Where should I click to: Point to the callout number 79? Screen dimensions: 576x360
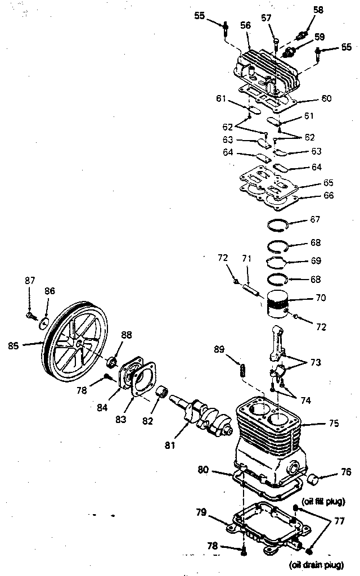point(201,511)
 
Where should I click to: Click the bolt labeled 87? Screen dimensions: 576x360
point(29,317)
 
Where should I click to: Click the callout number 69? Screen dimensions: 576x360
point(316,260)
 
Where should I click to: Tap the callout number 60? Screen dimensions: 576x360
point(326,98)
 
